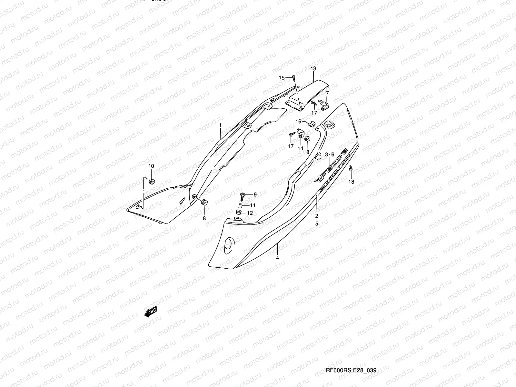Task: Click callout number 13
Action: (313, 69)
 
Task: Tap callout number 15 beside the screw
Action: (282, 78)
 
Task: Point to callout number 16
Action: (298, 121)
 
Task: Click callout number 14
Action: (300, 148)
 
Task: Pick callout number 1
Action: (220, 125)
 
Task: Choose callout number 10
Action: (151, 166)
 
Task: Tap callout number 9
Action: (255, 194)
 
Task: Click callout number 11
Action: (253, 205)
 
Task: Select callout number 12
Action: (250, 213)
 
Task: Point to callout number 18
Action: (351, 182)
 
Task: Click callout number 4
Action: (277, 258)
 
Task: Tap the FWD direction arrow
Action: (151, 312)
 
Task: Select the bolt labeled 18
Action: (351, 169)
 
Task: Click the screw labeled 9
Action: (243, 195)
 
